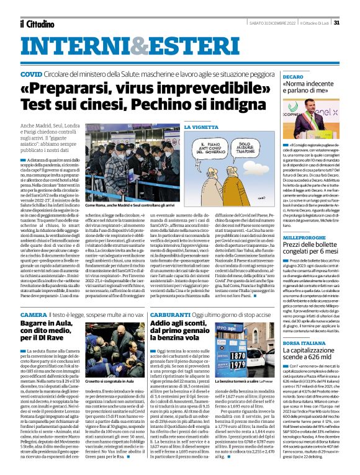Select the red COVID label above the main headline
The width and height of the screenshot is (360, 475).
[x=32, y=73]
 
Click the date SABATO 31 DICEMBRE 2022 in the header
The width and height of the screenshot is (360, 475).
[x=263, y=23]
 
